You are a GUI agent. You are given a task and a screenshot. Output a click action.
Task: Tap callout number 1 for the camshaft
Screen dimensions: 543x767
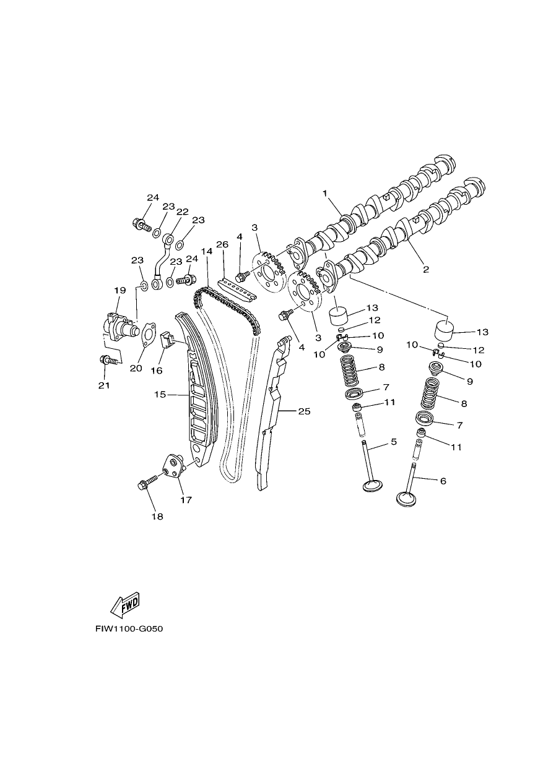tap(324, 193)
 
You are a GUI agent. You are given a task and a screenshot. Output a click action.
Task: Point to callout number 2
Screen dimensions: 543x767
tap(426, 269)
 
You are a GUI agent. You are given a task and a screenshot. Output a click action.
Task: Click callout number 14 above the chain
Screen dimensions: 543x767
tap(207, 251)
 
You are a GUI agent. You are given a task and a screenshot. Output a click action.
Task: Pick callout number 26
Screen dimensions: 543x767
tap(222, 244)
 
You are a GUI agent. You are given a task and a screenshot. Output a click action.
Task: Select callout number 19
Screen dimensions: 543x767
tap(120, 290)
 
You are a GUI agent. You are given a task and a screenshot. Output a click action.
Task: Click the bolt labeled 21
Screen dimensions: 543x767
tap(110, 360)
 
